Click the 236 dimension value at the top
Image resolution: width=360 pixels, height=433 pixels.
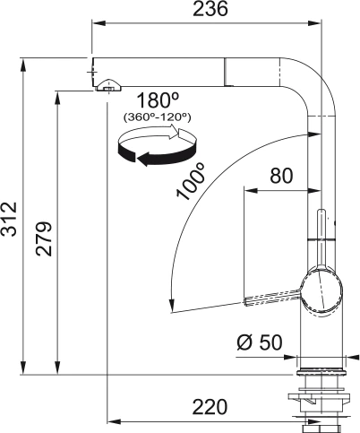click(x=210, y=10)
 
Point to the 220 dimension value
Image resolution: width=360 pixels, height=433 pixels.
click(x=209, y=407)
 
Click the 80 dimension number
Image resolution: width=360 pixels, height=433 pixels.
click(x=280, y=177)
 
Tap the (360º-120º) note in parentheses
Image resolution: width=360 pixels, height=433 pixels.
click(x=155, y=117)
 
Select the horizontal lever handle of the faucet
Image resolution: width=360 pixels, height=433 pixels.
click(x=273, y=296)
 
